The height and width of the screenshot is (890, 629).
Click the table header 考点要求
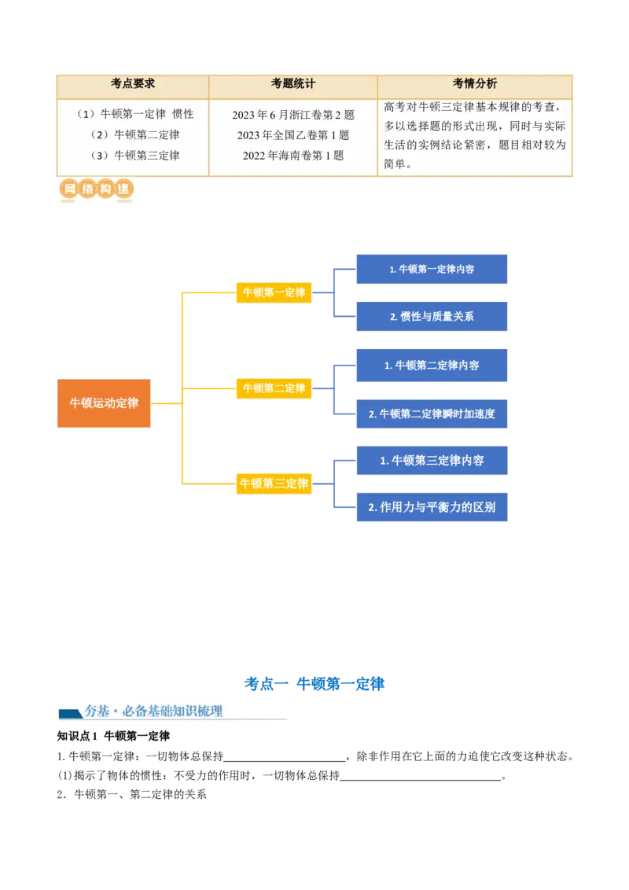pos(133,83)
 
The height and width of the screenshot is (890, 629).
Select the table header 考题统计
pos(293,83)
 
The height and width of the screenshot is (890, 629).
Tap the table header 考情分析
pos(475,83)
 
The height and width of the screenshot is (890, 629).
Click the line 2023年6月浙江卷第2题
pos(293,115)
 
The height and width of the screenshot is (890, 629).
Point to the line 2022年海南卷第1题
pos(293,156)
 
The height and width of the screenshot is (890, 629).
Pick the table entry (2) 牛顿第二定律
pos(135,134)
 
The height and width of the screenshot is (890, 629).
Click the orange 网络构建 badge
pos(96,189)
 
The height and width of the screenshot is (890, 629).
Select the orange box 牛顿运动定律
pos(104,403)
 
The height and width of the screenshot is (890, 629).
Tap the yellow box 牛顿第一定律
pos(274,292)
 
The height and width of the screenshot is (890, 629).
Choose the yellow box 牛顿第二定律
pos(274,388)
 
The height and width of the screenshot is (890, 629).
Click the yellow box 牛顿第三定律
pos(274,484)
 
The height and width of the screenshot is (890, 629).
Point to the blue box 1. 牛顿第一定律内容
pos(432,269)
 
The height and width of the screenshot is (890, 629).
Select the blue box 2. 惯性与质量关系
pos(432,316)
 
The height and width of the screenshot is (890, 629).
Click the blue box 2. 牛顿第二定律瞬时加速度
pos(432,414)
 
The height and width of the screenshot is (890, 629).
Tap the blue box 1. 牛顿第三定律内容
pos(432,460)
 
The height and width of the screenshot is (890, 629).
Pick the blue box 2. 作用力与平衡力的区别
pos(432,507)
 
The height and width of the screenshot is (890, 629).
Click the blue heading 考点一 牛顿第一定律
pos(314,684)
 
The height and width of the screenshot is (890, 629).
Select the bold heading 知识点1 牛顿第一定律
pos(113,736)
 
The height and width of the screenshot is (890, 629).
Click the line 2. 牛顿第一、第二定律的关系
pos(132,795)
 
